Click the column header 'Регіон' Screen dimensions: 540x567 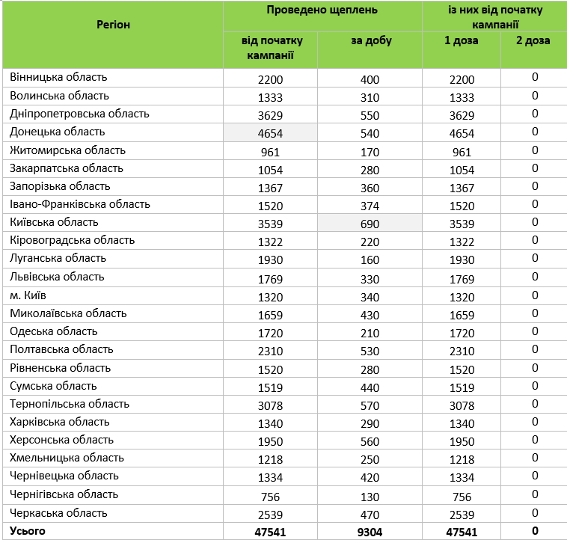(x=113, y=25)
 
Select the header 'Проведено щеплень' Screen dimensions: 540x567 (x=322, y=10)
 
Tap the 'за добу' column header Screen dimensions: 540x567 (x=371, y=41)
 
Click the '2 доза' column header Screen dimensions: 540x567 (x=533, y=41)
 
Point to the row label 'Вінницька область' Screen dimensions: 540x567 (x=59, y=77)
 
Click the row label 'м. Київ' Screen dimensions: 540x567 (x=29, y=295)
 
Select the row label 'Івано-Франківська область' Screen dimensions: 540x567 (x=80, y=204)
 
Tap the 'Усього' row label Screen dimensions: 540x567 (x=28, y=531)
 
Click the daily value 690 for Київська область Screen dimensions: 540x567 (x=370, y=224)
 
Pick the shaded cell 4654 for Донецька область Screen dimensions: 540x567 (x=271, y=133)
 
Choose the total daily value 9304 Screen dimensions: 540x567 (x=370, y=533)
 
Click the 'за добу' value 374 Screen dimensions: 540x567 (x=370, y=206)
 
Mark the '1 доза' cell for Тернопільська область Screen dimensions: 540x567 (x=462, y=405)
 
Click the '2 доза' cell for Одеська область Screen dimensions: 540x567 (x=534, y=331)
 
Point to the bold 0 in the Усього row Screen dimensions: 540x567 (x=534, y=532)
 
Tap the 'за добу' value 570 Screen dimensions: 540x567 (x=370, y=405)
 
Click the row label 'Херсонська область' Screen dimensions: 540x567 (x=62, y=440)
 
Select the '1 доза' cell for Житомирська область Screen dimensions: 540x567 (x=462, y=152)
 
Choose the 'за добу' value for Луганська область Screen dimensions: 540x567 (x=370, y=260)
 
